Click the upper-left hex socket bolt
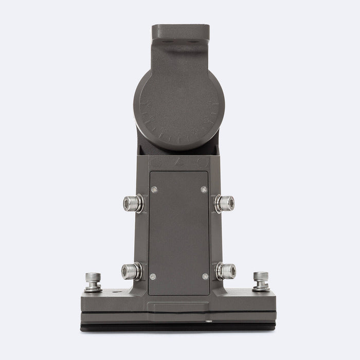click(x=133, y=204)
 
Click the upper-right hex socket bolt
click(x=225, y=204)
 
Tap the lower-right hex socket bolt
click(x=226, y=271)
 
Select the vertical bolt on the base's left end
click(x=93, y=281)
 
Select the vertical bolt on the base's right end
click(x=261, y=281)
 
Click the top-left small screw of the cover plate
click(x=154, y=189)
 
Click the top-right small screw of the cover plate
click(x=204, y=189)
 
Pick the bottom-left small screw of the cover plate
click(x=153, y=277)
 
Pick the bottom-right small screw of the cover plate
click(x=205, y=277)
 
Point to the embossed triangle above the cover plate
click(x=179, y=161)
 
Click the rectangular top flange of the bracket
click(x=180, y=31)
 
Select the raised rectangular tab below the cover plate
click(x=179, y=308)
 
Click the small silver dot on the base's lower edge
click(x=209, y=322)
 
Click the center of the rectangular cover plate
click(x=179, y=233)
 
